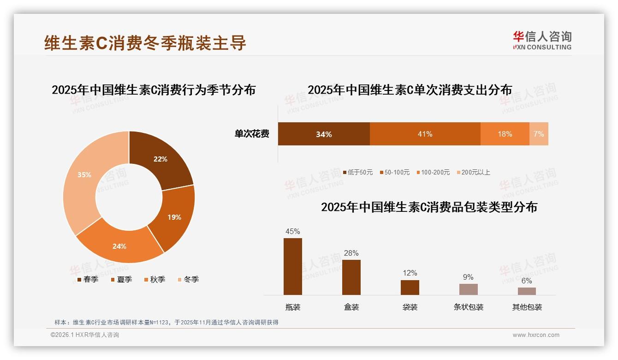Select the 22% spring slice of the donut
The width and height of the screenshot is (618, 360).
(161, 159)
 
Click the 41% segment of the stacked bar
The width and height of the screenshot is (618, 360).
(425, 134)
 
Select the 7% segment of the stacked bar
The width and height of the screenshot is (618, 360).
(539, 134)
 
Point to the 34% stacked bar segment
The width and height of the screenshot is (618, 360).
(324, 134)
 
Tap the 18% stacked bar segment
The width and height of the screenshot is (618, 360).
(505, 134)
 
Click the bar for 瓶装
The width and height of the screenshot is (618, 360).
(293, 266)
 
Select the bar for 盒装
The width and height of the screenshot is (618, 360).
(351, 277)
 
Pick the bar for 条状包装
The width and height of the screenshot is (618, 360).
(468, 289)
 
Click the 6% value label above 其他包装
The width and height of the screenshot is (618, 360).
(527, 281)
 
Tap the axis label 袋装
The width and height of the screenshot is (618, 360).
(410, 307)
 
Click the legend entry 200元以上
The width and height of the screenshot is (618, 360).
(475, 172)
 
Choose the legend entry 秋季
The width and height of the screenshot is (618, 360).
(157, 279)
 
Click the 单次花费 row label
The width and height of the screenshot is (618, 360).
(252, 134)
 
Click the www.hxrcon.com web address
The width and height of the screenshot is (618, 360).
(536, 335)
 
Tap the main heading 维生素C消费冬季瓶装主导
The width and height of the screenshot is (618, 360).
(145, 42)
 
